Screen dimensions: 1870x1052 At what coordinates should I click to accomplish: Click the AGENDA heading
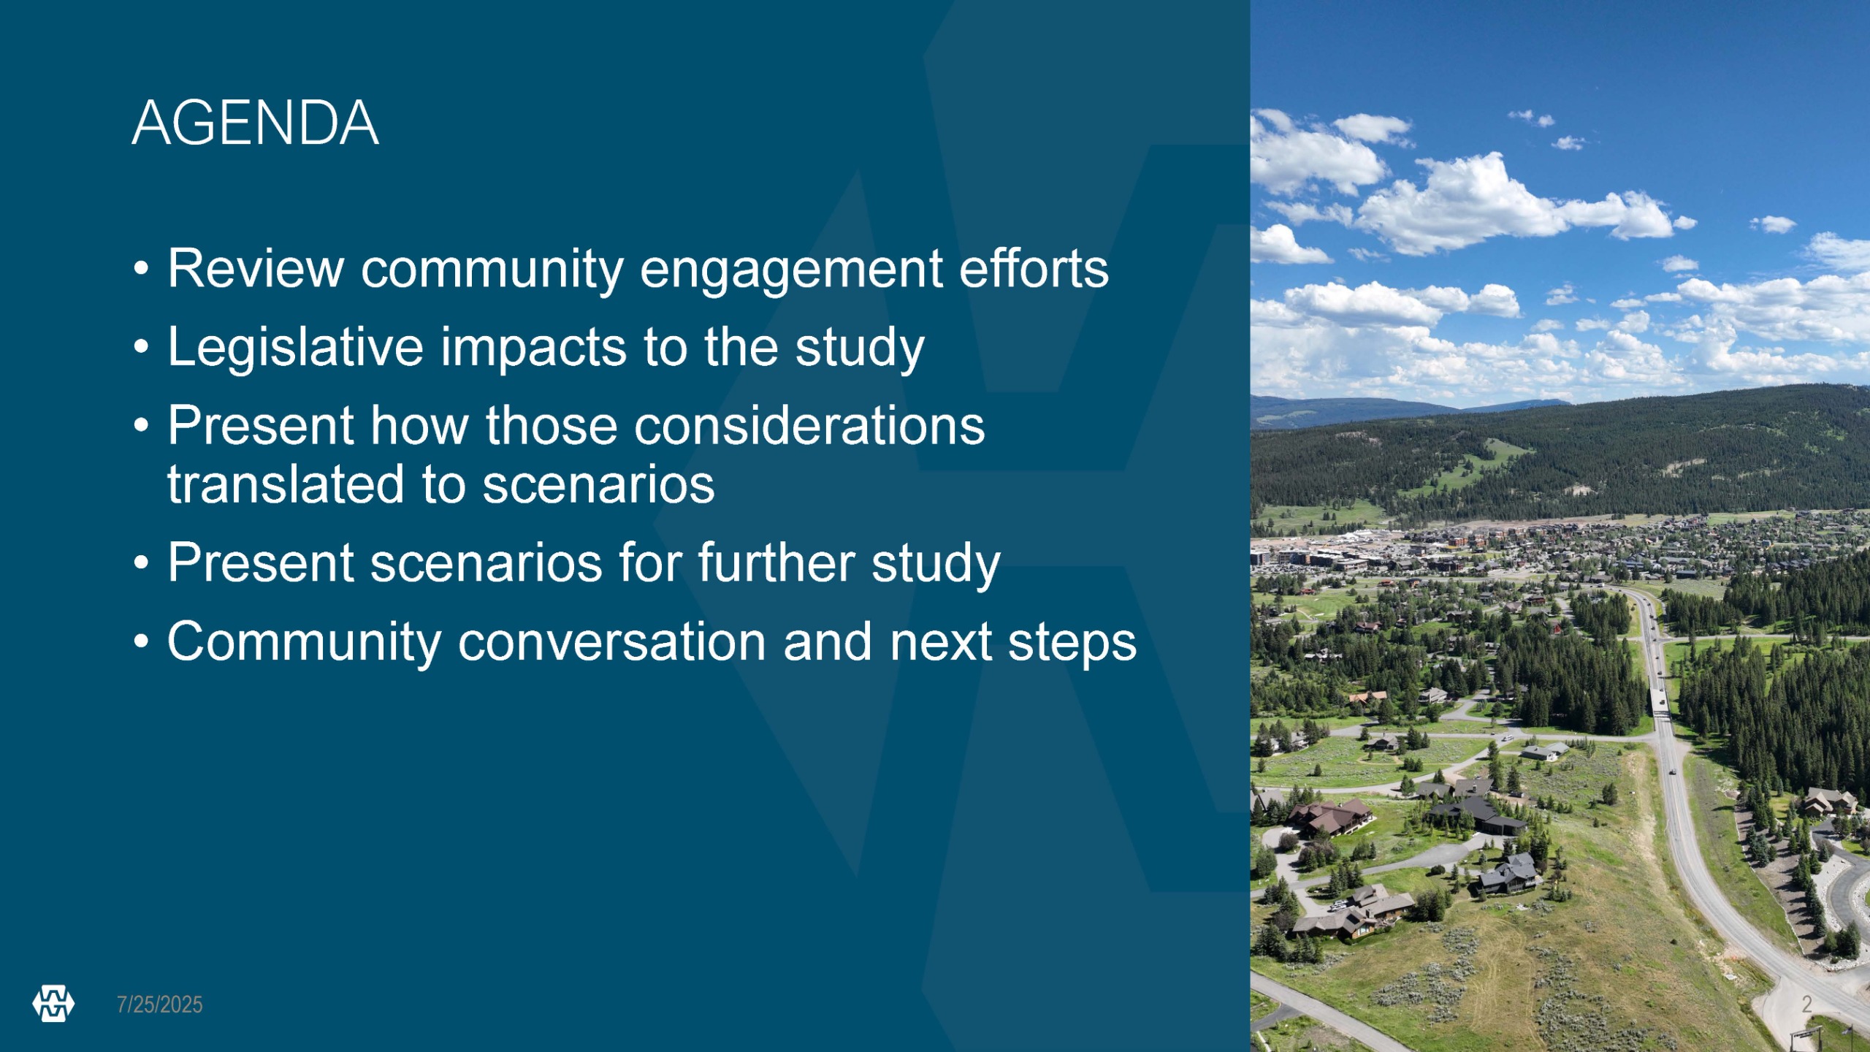(255, 123)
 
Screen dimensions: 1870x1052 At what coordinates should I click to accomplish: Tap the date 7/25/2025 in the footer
(160, 1005)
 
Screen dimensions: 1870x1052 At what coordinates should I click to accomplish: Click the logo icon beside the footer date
(53, 1004)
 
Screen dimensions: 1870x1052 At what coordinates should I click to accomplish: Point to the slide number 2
(1806, 1004)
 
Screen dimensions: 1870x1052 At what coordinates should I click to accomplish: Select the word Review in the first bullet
(256, 268)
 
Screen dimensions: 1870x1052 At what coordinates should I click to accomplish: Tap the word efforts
(1034, 268)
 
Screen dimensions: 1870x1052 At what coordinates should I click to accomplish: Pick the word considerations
(809, 425)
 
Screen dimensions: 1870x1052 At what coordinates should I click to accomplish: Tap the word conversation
(612, 641)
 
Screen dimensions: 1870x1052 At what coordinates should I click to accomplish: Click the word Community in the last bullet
(305, 642)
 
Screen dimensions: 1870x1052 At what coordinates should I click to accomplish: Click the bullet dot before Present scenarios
(142, 563)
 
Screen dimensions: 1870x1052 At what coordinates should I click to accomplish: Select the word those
(552, 425)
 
